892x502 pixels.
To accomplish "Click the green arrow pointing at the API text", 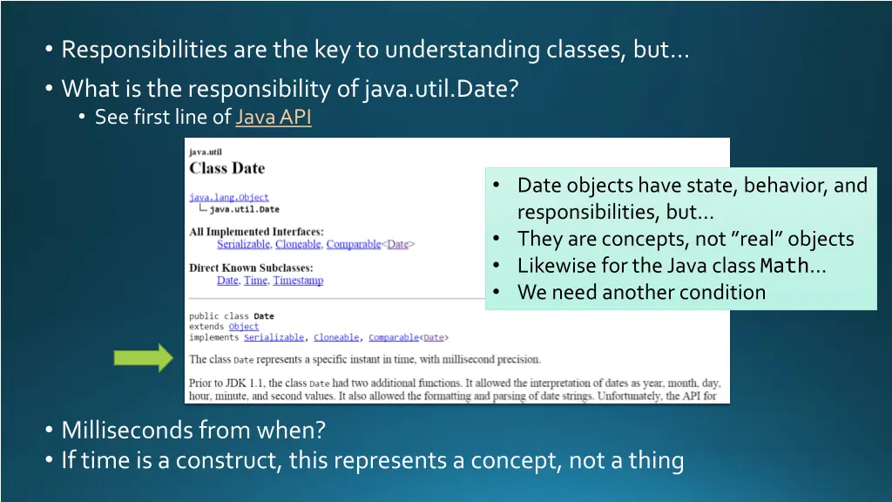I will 144,358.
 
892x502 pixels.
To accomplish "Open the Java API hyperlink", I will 273,117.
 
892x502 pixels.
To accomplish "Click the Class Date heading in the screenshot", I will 226,168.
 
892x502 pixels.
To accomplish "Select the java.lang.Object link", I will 229,198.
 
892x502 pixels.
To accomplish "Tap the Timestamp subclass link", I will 298,281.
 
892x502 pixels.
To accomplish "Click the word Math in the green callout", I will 784,266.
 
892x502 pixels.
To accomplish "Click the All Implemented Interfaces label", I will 256,232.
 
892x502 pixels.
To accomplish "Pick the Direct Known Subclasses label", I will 251,268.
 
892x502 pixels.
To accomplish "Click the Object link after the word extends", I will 244,327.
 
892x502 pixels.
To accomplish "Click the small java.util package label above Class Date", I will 206,152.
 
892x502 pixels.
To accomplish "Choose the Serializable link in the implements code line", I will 274,337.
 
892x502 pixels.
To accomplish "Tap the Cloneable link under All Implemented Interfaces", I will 298,245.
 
